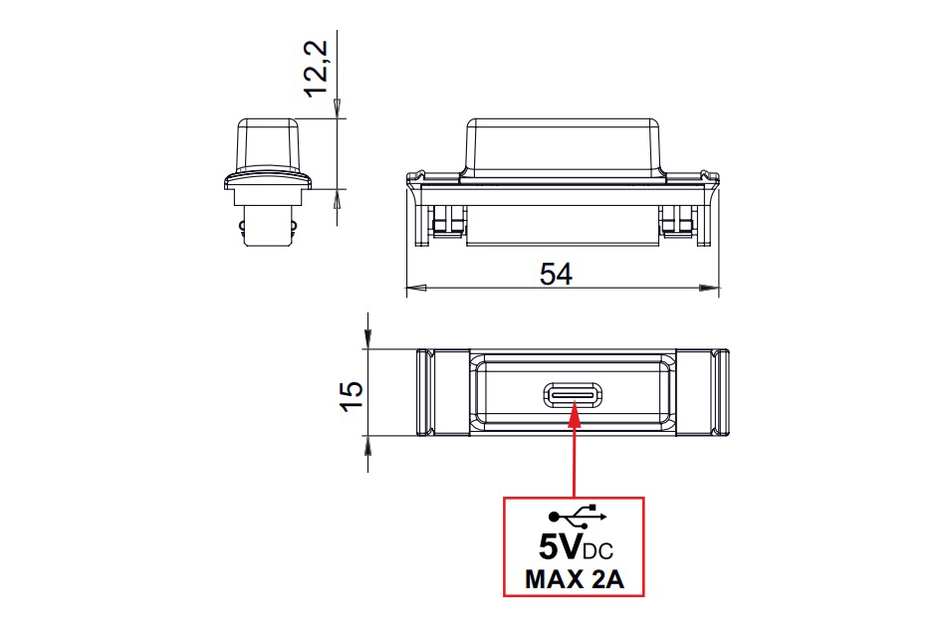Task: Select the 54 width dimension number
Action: pyautogui.click(x=556, y=274)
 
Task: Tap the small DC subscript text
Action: pyautogui.click(x=598, y=550)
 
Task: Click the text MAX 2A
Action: pyautogui.click(x=575, y=579)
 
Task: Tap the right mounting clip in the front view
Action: pyautogui.click(x=677, y=224)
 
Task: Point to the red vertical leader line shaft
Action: pyautogui.click(x=575, y=458)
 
